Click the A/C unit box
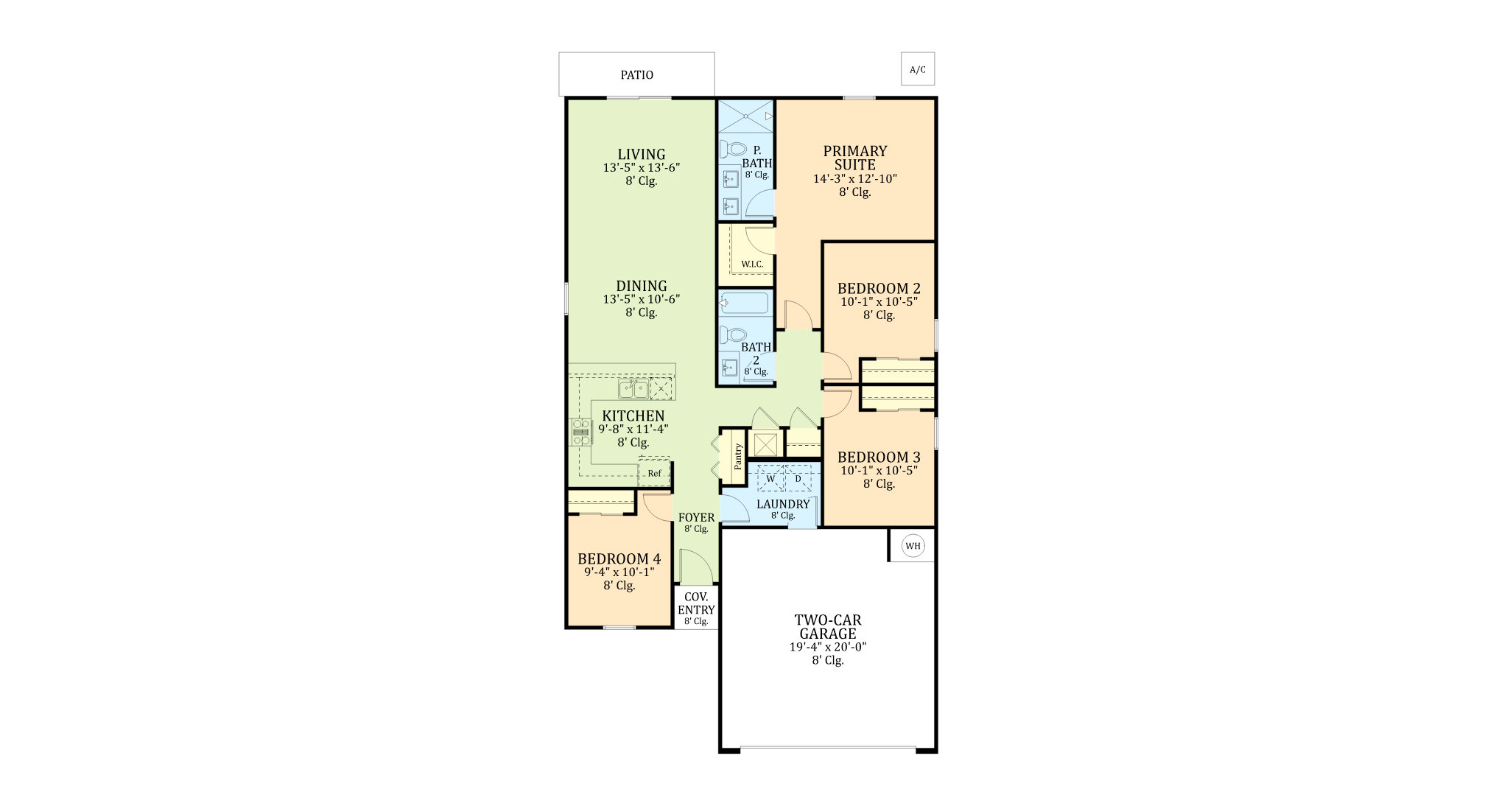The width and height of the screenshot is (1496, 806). click(x=918, y=69)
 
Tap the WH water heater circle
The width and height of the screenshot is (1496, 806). click(x=913, y=546)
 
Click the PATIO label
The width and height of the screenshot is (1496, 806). click(x=636, y=75)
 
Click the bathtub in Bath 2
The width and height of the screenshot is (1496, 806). click(x=745, y=303)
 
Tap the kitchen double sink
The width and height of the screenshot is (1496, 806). click(x=633, y=388)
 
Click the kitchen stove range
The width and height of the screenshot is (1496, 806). click(x=581, y=432)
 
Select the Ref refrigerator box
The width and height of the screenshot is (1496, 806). click(x=654, y=472)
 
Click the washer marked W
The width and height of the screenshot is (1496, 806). click(x=770, y=478)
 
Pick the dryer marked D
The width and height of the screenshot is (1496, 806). click(x=798, y=478)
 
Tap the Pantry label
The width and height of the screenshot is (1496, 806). click(x=738, y=456)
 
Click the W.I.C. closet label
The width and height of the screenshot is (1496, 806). click(x=752, y=264)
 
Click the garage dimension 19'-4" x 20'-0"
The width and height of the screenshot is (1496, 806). click(x=828, y=647)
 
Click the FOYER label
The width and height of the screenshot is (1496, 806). click(x=696, y=517)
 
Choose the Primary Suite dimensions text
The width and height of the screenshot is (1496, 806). click(x=855, y=178)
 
